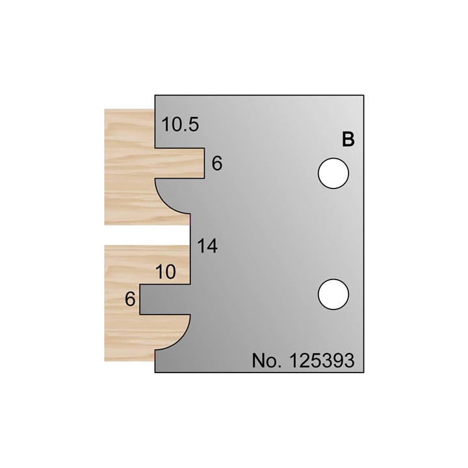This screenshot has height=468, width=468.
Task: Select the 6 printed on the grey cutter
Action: click(217, 164)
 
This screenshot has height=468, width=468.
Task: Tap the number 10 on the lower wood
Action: click(166, 273)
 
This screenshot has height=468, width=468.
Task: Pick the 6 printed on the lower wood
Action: click(130, 299)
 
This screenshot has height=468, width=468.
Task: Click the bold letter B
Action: click(348, 140)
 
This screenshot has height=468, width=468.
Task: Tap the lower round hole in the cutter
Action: click(333, 294)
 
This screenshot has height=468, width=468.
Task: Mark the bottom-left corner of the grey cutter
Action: click(155, 372)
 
